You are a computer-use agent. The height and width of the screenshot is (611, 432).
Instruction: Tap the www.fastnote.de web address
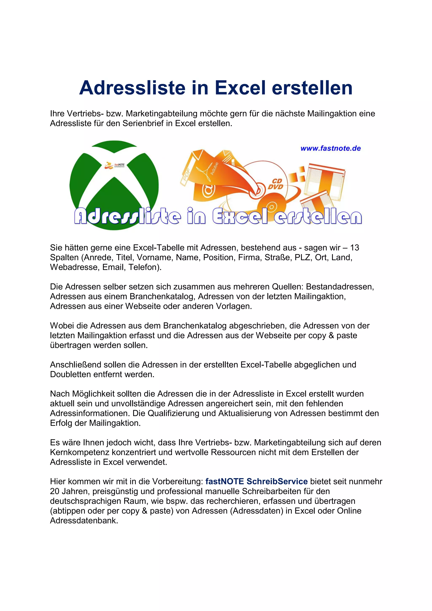coord(330,148)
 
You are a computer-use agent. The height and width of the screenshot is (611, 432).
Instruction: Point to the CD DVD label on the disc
coord(275,184)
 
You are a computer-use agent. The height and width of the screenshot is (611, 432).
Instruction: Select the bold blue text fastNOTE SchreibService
coord(256,481)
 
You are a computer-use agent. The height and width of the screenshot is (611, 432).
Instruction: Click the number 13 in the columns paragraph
coord(354,248)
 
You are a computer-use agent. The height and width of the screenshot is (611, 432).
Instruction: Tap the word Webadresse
coord(74,267)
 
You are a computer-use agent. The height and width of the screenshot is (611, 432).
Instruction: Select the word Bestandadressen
coord(340,287)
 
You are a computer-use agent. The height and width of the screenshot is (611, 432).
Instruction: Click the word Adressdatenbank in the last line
coord(84,521)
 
